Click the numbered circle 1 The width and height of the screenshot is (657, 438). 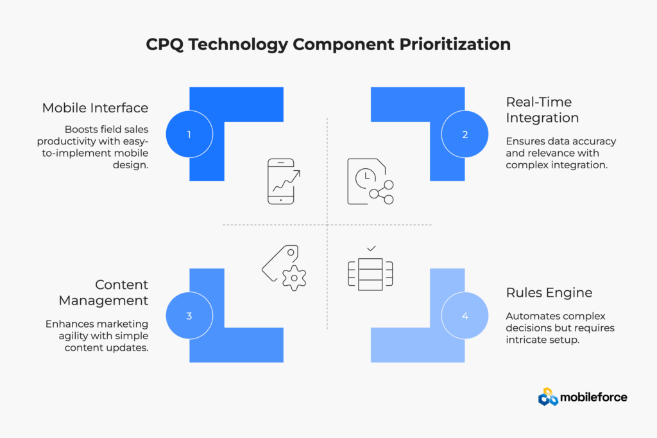[x=189, y=134]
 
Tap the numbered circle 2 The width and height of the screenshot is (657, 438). [x=465, y=134]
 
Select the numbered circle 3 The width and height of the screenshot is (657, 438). [x=189, y=315]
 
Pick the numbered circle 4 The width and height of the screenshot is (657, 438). [x=465, y=315]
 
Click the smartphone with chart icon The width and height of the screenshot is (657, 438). [x=284, y=181]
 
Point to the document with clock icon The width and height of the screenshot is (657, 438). [x=370, y=181]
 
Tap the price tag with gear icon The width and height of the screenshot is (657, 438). [x=284, y=268]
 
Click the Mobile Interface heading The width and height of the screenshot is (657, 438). [x=95, y=108]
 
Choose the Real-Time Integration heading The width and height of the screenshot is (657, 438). [x=542, y=110]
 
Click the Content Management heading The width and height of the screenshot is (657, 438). [x=103, y=292]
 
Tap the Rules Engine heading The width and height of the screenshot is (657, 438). [x=549, y=292]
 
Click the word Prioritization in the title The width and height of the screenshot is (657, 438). [x=455, y=44]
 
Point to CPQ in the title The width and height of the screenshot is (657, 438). [x=165, y=44]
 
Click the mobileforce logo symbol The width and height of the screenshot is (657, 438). [x=548, y=397]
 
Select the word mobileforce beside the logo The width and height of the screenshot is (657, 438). [x=593, y=398]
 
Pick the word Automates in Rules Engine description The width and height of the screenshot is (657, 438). [x=526, y=316]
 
